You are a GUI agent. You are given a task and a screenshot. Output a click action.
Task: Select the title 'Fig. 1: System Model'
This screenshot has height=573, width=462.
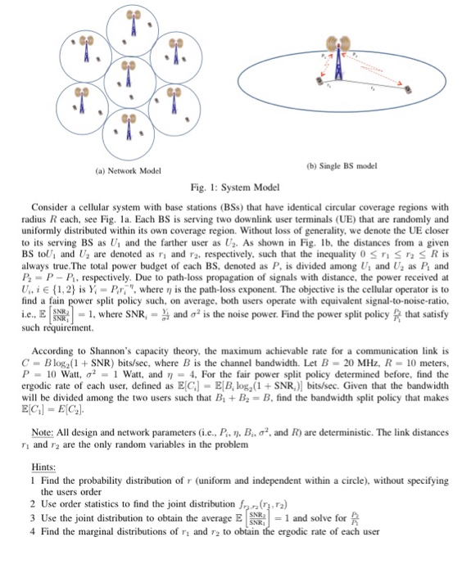click(232, 187)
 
